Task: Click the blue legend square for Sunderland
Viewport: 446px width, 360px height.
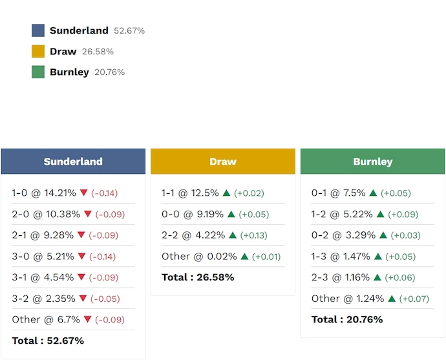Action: click(x=38, y=30)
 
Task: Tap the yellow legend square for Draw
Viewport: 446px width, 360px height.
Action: click(x=38, y=51)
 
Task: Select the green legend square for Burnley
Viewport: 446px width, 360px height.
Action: click(x=38, y=72)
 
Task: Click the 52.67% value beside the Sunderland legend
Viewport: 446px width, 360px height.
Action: click(x=129, y=30)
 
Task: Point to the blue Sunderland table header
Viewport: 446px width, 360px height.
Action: click(x=73, y=162)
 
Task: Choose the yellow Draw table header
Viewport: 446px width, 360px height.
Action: click(x=223, y=162)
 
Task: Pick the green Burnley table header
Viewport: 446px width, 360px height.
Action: click(x=373, y=162)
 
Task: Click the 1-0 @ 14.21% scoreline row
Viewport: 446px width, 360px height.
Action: click(x=44, y=193)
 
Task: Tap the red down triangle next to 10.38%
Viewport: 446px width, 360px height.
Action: click(x=88, y=214)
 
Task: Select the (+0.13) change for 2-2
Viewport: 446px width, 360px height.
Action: click(x=253, y=235)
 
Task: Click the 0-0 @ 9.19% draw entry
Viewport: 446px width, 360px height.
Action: click(x=191, y=214)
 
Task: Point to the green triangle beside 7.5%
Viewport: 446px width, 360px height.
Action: click(x=374, y=193)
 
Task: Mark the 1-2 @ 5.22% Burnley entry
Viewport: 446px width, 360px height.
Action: click(x=341, y=214)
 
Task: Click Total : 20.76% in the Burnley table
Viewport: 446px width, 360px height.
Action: click(x=347, y=319)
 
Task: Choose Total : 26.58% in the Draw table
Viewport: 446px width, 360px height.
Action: click(x=198, y=277)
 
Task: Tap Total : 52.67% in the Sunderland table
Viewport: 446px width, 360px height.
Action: click(x=48, y=341)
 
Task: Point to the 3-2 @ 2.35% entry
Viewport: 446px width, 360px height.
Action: click(x=44, y=299)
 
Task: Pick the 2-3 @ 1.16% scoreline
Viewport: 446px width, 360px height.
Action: click(x=341, y=277)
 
